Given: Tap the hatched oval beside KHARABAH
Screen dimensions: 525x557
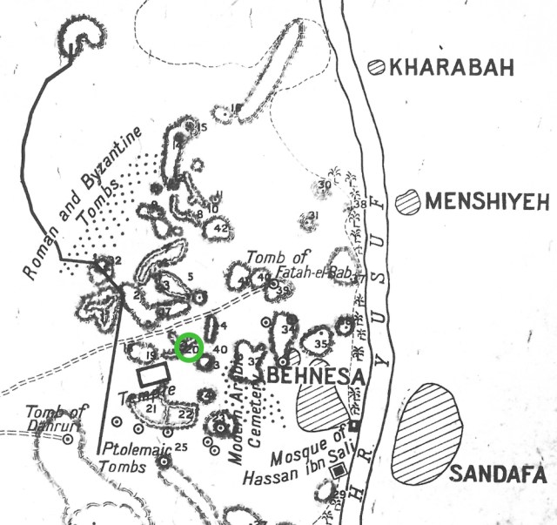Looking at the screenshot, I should [x=378, y=66].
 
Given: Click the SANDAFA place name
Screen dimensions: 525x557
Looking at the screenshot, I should [x=498, y=475].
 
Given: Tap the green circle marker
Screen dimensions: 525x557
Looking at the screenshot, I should [x=190, y=347].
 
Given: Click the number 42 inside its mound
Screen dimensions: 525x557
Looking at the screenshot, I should [x=220, y=228].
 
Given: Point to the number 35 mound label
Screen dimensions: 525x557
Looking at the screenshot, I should [x=320, y=344].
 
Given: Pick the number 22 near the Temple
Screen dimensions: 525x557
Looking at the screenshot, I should [x=185, y=414].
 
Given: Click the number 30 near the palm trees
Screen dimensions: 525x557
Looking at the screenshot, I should [x=325, y=185].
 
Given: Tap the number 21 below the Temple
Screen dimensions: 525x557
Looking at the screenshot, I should [x=151, y=408].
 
